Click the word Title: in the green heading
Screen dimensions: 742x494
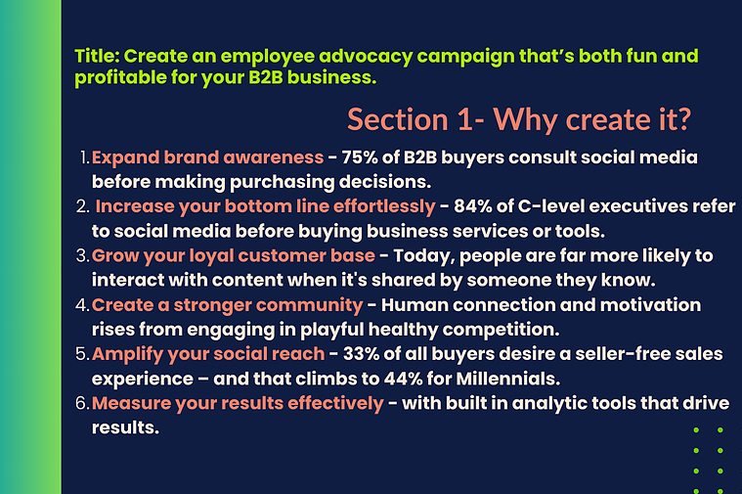(97, 56)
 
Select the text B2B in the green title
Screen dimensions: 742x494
(266, 77)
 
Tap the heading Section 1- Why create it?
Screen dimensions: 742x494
(519, 119)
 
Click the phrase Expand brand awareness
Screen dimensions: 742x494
(208, 157)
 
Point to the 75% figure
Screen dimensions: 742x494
(360, 157)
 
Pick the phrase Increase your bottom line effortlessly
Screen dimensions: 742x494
(266, 206)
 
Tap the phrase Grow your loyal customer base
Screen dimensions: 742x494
(234, 255)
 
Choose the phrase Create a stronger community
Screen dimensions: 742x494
(227, 305)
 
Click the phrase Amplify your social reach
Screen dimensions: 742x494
(208, 354)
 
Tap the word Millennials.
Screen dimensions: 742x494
(507, 379)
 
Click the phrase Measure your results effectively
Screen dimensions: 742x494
(238, 404)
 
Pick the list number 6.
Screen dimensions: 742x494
(82, 404)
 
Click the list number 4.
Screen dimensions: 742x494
(82, 305)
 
